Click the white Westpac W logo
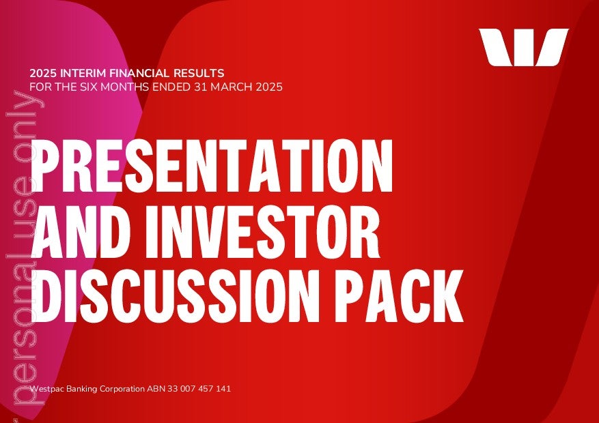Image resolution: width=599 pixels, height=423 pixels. click(x=523, y=47)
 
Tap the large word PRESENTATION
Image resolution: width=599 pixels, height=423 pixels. click(x=212, y=166)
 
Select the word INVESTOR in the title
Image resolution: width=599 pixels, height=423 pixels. click(x=262, y=231)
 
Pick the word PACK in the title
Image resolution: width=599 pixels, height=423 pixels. click(x=399, y=295)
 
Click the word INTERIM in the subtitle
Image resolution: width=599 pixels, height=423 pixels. click(x=81, y=73)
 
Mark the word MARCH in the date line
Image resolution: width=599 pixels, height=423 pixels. click(x=231, y=87)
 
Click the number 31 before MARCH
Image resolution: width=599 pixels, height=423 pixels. click(x=201, y=87)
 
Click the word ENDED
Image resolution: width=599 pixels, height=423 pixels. click(x=171, y=87)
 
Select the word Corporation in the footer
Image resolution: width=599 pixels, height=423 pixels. click(x=122, y=389)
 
